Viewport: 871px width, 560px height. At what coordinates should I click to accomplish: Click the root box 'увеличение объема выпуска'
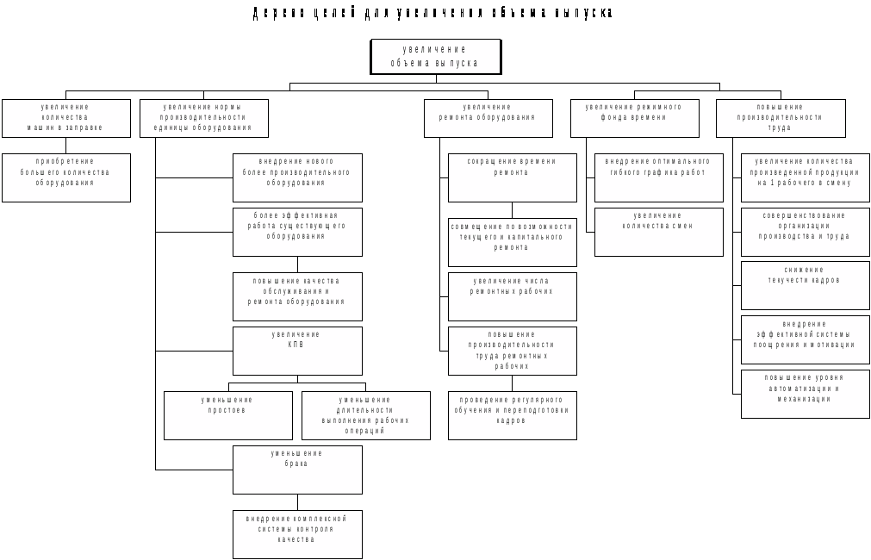coord(436,57)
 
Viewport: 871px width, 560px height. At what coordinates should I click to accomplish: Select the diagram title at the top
coord(433,13)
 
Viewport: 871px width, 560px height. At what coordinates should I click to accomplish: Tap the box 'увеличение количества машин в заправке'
coord(65,118)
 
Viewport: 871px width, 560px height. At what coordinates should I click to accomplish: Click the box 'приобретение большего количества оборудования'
coord(65,177)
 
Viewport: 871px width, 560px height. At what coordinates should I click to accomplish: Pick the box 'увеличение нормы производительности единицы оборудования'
coord(203,118)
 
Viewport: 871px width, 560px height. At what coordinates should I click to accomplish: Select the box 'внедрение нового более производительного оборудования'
coord(297,177)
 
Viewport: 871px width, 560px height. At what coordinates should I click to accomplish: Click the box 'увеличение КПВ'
coord(297,351)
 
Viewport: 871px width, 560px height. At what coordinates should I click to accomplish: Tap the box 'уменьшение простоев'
coord(227,415)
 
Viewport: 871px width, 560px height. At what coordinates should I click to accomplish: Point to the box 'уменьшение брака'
coord(297,470)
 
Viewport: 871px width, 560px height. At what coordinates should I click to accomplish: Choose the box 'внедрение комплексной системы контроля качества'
coord(297,534)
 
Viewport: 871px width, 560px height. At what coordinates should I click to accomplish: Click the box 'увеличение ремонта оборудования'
coord(488,118)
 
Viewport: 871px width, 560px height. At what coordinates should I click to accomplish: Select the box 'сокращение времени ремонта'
coord(512,177)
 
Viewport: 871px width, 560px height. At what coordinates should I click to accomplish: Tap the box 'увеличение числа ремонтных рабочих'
coord(512,296)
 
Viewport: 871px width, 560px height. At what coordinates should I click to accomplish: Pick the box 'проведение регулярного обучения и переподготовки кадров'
coord(512,415)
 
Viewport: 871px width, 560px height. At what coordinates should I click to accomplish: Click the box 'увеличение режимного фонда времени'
coord(634,118)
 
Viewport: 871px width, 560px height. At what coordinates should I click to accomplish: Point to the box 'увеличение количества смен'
coord(658,232)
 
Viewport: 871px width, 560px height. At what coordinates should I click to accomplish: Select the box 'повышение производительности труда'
coord(781,118)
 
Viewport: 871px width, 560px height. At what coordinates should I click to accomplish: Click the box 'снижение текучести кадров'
coord(805,285)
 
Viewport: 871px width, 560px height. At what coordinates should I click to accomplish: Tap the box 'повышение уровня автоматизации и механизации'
coord(805,394)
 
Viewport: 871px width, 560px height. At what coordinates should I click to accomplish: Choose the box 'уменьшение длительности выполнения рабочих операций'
coord(365,415)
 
